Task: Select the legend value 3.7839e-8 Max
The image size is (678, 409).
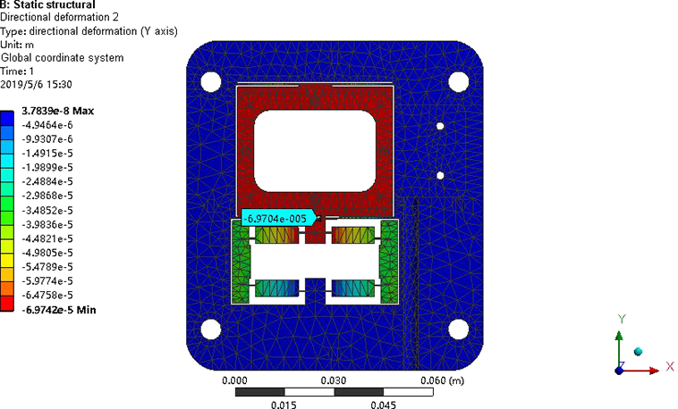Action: point(57,111)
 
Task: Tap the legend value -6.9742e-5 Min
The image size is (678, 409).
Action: point(59,310)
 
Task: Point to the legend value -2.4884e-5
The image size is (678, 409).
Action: point(47,181)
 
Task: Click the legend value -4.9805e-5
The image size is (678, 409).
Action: point(47,253)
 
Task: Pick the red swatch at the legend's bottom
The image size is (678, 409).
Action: point(7,303)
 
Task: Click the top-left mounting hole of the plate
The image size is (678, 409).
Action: point(211,82)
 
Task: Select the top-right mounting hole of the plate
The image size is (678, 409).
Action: point(458,82)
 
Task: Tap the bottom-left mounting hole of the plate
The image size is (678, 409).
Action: point(211,330)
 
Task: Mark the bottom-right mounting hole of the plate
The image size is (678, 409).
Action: point(458,330)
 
